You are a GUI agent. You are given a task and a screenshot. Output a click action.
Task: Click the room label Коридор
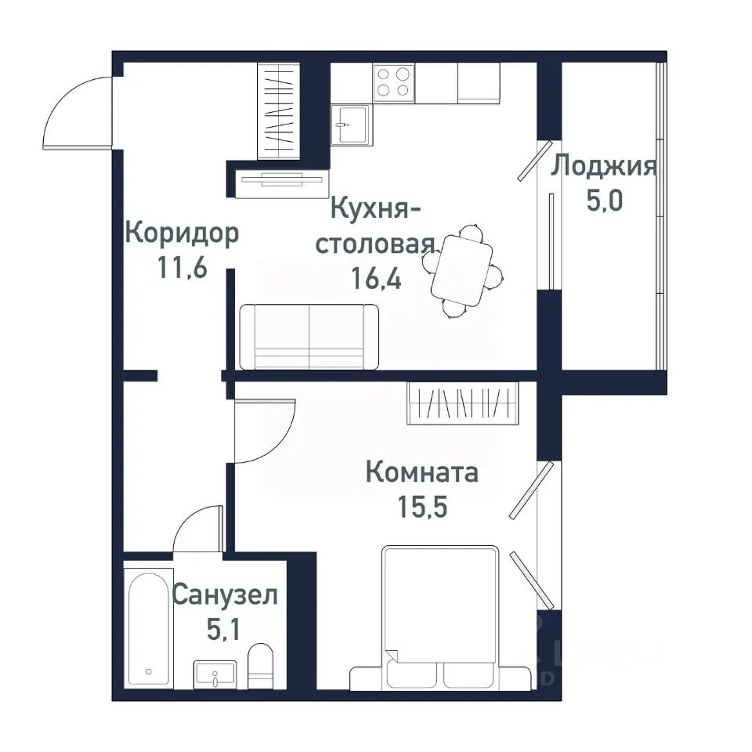[182, 233]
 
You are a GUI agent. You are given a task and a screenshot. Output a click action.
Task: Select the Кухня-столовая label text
[374, 226]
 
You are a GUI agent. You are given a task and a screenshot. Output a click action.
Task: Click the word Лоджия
[603, 167]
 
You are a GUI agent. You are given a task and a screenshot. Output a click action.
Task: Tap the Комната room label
[421, 473]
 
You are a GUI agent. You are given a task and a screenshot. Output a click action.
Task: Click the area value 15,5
[421, 507]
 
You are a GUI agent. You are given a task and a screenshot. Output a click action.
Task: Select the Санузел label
[224, 595]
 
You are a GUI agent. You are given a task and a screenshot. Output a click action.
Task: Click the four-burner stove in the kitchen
[394, 81]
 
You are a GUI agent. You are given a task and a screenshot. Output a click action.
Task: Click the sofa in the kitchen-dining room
[309, 337]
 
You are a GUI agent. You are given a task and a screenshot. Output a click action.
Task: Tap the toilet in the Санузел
[260, 666]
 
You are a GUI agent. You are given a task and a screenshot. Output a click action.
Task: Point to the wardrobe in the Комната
[463, 403]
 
